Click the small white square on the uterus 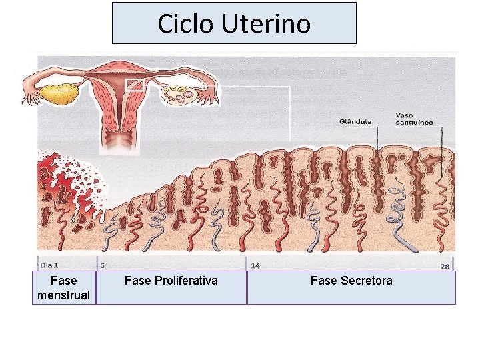135,84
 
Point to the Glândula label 357,121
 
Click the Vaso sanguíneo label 414,119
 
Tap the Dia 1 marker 49,265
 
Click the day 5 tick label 102,265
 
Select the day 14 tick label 255,265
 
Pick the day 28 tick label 445,266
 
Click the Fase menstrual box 64,288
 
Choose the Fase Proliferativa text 171,281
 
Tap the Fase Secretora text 351,281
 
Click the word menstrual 64,295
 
